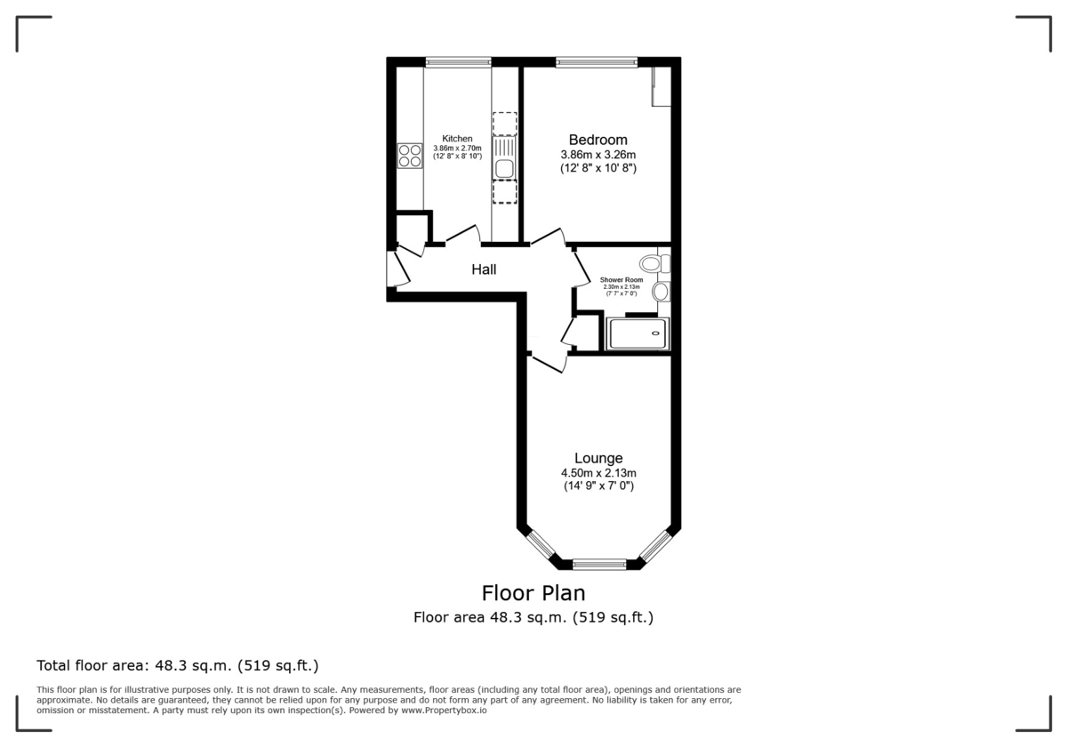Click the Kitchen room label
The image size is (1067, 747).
(457, 139)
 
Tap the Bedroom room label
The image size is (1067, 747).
(598, 140)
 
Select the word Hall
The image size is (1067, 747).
(484, 269)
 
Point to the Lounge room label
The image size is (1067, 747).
(598, 458)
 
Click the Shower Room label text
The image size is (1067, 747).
(622, 280)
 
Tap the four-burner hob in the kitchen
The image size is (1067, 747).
(410, 157)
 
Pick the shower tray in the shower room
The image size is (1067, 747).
(637, 334)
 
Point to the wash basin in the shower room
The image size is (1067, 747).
(661, 292)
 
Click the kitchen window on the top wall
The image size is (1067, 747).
(458, 62)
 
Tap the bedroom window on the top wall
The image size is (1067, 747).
(597, 62)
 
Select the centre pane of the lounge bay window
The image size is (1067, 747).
(599, 563)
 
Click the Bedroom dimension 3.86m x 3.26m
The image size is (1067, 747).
(598, 154)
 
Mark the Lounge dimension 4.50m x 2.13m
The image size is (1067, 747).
(598, 473)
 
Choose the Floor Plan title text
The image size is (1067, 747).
(533, 592)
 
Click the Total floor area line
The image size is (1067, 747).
(177, 665)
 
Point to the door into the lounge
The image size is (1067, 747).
(549, 364)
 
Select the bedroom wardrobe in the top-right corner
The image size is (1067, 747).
(660, 86)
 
